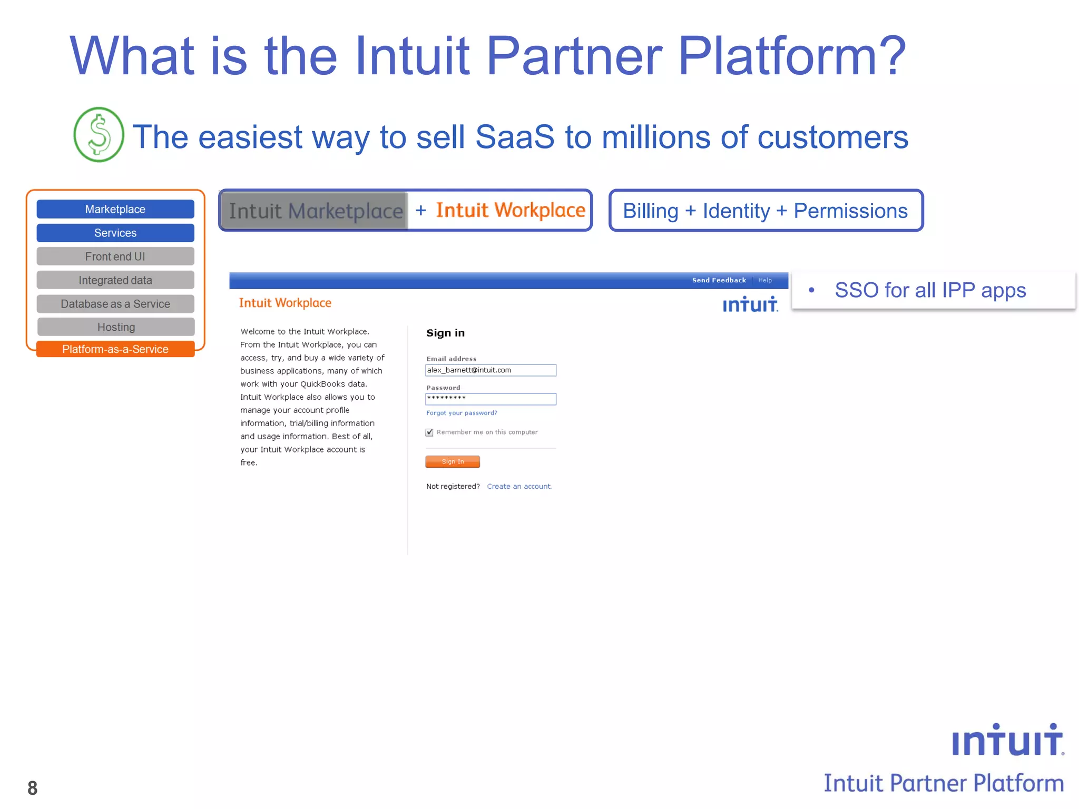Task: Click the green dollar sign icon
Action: pos(99,134)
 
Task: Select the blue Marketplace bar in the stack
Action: pos(115,209)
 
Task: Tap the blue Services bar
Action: pos(115,233)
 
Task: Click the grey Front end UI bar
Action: pos(115,256)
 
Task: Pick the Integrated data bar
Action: pos(115,280)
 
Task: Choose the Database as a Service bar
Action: pos(115,304)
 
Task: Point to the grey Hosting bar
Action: pos(116,327)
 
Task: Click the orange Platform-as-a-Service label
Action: pos(115,349)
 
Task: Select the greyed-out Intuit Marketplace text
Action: pos(315,211)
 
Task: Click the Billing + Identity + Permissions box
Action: pos(766,211)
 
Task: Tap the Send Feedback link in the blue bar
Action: pos(719,280)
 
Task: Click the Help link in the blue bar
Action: pos(765,280)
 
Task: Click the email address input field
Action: pos(491,370)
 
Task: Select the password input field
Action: pos(491,399)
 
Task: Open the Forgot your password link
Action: pos(462,413)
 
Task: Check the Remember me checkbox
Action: pos(429,432)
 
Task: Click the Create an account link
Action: pos(519,486)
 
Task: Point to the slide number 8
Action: pos(33,788)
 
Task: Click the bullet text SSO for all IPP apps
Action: pos(930,290)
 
